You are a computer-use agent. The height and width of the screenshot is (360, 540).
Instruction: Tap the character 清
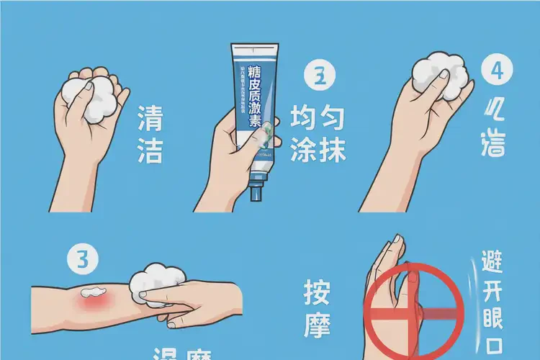[x=150, y=118]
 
